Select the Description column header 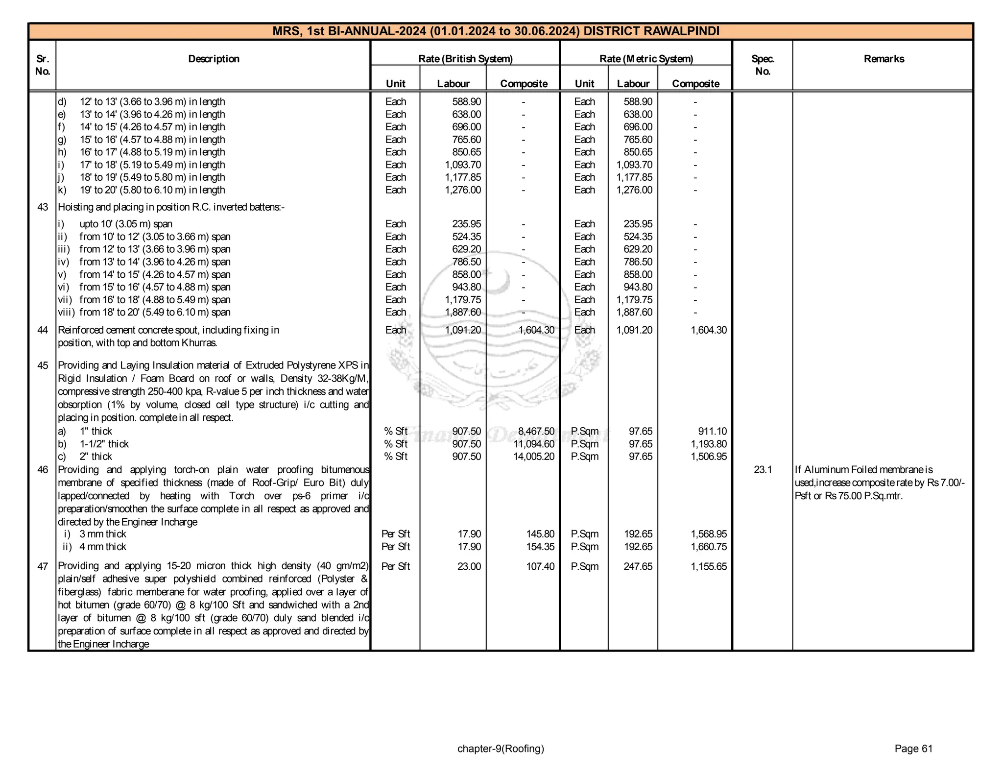pos(214,59)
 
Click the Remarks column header pos(884,59)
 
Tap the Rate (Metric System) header pos(646,59)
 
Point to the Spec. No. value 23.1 pos(763,470)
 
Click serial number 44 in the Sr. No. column pos(43,330)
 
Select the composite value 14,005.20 pos(536,457)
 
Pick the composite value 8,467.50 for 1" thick pos(536,431)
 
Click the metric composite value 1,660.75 pos(709,547)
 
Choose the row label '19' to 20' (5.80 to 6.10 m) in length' pos(152,190)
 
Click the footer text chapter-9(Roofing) pos(501,749)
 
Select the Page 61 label pos(913,749)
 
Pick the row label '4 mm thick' pos(103,547)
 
